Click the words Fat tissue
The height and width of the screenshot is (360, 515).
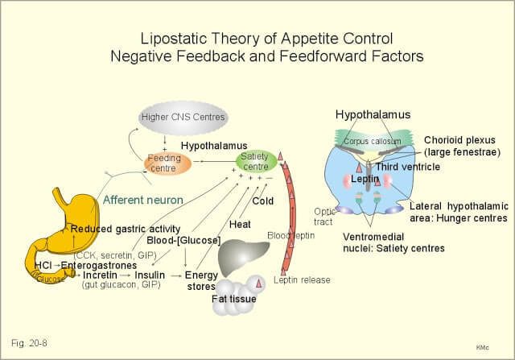coord(233,300)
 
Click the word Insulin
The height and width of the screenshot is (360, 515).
coord(150,275)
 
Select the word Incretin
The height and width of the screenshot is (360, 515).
coord(101,275)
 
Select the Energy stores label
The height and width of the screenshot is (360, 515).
coord(202,279)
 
